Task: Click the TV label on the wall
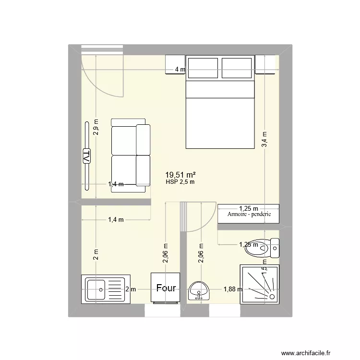(x=87, y=156)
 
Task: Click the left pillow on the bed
(x=203, y=67)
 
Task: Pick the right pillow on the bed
(x=237, y=67)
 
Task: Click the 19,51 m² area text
(x=180, y=175)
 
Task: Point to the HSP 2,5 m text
(x=180, y=182)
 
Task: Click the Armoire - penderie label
(x=249, y=215)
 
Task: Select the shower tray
(x=259, y=284)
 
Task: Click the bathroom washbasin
(x=199, y=290)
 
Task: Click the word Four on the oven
(x=166, y=288)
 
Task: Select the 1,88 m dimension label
(x=233, y=289)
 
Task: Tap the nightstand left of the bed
(x=174, y=65)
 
